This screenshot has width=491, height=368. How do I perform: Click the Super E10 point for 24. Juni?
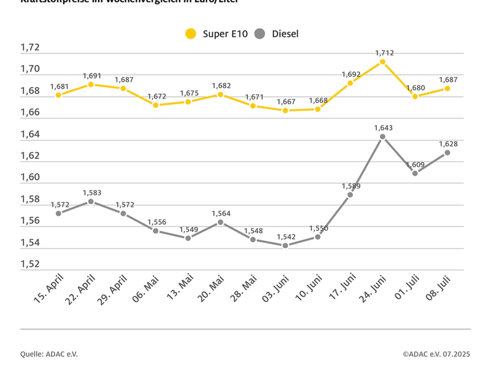coord(382,62)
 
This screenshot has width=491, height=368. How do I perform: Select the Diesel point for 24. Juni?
coord(382,137)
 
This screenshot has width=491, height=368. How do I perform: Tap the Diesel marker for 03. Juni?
coord(285,245)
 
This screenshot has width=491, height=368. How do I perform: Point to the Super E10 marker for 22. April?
coord(91,84)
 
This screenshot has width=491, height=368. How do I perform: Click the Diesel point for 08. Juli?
coord(447,153)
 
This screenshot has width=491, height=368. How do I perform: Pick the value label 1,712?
coord(384,53)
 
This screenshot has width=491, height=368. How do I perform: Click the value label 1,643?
coord(383,128)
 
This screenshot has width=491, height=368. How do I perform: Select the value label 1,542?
coord(285,236)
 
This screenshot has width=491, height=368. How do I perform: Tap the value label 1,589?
coord(350,186)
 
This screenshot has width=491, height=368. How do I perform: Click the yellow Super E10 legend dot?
coord(191,34)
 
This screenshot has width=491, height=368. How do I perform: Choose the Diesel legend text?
coord(285,34)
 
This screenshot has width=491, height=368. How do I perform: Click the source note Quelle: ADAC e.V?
coord(49,354)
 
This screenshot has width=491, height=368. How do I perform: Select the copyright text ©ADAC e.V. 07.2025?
coord(436,354)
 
